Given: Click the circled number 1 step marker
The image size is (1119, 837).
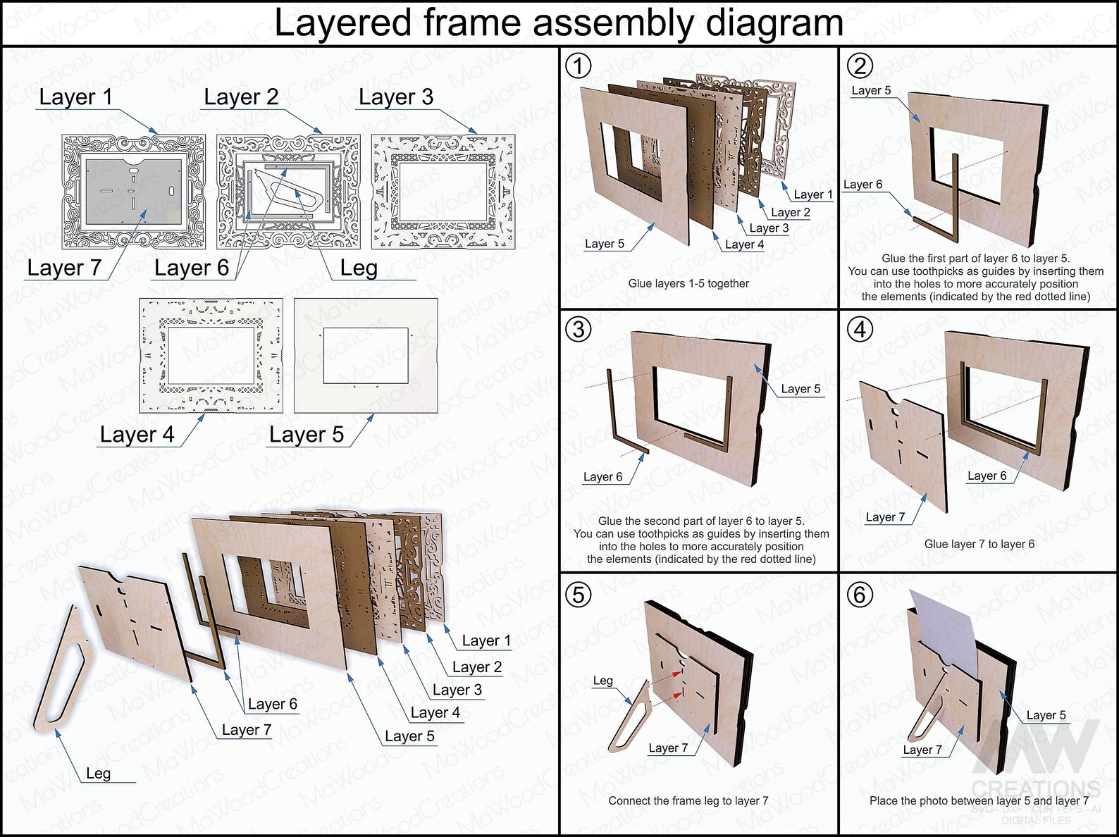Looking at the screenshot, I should (x=579, y=66).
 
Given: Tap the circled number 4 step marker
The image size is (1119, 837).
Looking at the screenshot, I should (x=860, y=329).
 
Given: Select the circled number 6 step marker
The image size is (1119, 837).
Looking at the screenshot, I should (x=860, y=595).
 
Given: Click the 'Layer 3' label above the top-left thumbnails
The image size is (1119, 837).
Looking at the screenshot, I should (x=395, y=97).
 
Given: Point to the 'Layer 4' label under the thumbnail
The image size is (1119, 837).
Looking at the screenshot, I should (x=137, y=435).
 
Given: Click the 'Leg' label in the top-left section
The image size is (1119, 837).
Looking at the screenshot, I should (x=359, y=268).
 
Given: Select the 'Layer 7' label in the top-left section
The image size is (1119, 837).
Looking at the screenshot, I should (x=64, y=268).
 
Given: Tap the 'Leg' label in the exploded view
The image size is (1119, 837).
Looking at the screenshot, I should (x=98, y=774).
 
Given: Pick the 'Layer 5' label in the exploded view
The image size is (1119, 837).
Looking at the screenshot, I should (x=409, y=736).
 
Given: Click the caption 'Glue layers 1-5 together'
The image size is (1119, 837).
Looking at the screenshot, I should (x=688, y=283).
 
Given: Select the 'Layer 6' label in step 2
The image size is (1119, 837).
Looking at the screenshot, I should (x=863, y=185).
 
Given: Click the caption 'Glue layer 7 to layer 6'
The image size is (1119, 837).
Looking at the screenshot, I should (x=979, y=544).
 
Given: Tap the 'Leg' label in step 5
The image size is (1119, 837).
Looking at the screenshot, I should (x=602, y=681).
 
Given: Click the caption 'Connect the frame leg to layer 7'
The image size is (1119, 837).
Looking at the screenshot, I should (x=688, y=800).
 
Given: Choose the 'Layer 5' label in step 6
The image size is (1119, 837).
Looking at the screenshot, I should (x=1046, y=715).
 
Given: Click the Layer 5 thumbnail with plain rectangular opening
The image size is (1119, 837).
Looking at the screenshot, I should (x=366, y=355).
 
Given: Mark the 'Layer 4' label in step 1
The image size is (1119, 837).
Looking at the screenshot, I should (x=744, y=244).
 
